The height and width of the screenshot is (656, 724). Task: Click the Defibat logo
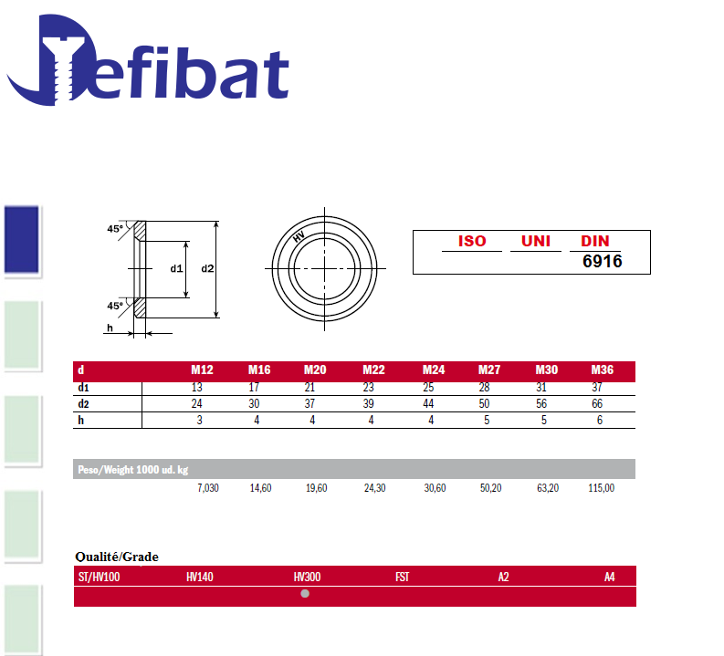click(148, 60)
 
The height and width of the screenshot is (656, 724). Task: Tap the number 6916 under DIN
click(602, 262)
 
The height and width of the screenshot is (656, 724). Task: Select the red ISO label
click(472, 241)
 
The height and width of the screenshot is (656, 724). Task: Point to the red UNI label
click(536, 241)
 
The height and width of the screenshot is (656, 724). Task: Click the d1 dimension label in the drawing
click(176, 268)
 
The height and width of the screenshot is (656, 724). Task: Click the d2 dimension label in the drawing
click(207, 268)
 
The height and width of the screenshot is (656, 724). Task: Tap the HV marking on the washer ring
click(299, 236)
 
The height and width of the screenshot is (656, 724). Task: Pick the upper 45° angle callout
click(115, 229)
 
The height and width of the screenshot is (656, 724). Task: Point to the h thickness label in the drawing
click(110, 328)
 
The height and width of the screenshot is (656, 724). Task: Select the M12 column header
click(203, 370)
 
